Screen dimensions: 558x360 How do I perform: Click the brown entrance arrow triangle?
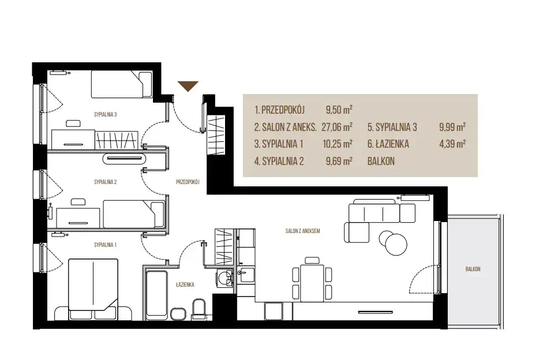pyautogui.click(x=188, y=86)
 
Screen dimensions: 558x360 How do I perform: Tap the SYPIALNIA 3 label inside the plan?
pyautogui.click(x=106, y=115)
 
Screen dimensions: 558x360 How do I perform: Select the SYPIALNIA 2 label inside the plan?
pyautogui.click(x=106, y=182)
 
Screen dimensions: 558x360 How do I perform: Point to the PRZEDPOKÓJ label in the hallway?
pyautogui.click(x=188, y=182)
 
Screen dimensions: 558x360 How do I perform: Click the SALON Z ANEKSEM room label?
pyautogui.click(x=302, y=231)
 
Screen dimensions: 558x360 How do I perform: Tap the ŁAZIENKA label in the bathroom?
pyautogui.click(x=185, y=284)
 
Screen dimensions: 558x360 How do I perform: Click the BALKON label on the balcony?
pyautogui.click(x=473, y=269)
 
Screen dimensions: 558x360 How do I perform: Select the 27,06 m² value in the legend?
pyautogui.click(x=337, y=127)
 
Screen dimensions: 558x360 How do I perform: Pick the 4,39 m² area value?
pyautogui.click(x=452, y=144)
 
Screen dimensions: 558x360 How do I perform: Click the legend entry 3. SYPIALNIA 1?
pyautogui.click(x=279, y=144)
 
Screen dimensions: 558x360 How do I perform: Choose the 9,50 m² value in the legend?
pyautogui.click(x=339, y=110)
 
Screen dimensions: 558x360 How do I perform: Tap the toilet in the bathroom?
pyautogui.click(x=199, y=309)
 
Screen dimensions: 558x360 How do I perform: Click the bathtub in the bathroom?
pyautogui.click(x=156, y=295)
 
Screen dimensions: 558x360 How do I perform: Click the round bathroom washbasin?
pyautogui.click(x=225, y=277)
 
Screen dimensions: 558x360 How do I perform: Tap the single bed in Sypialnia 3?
pyautogui.click(x=122, y=84)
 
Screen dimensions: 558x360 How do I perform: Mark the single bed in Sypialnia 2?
pyautogui.click(x=134, y=214)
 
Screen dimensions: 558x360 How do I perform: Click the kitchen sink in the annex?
pyautogui.click(x=246, y=274)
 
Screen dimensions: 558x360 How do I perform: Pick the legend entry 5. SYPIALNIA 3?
pyautogui.click(x=392, y=127)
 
